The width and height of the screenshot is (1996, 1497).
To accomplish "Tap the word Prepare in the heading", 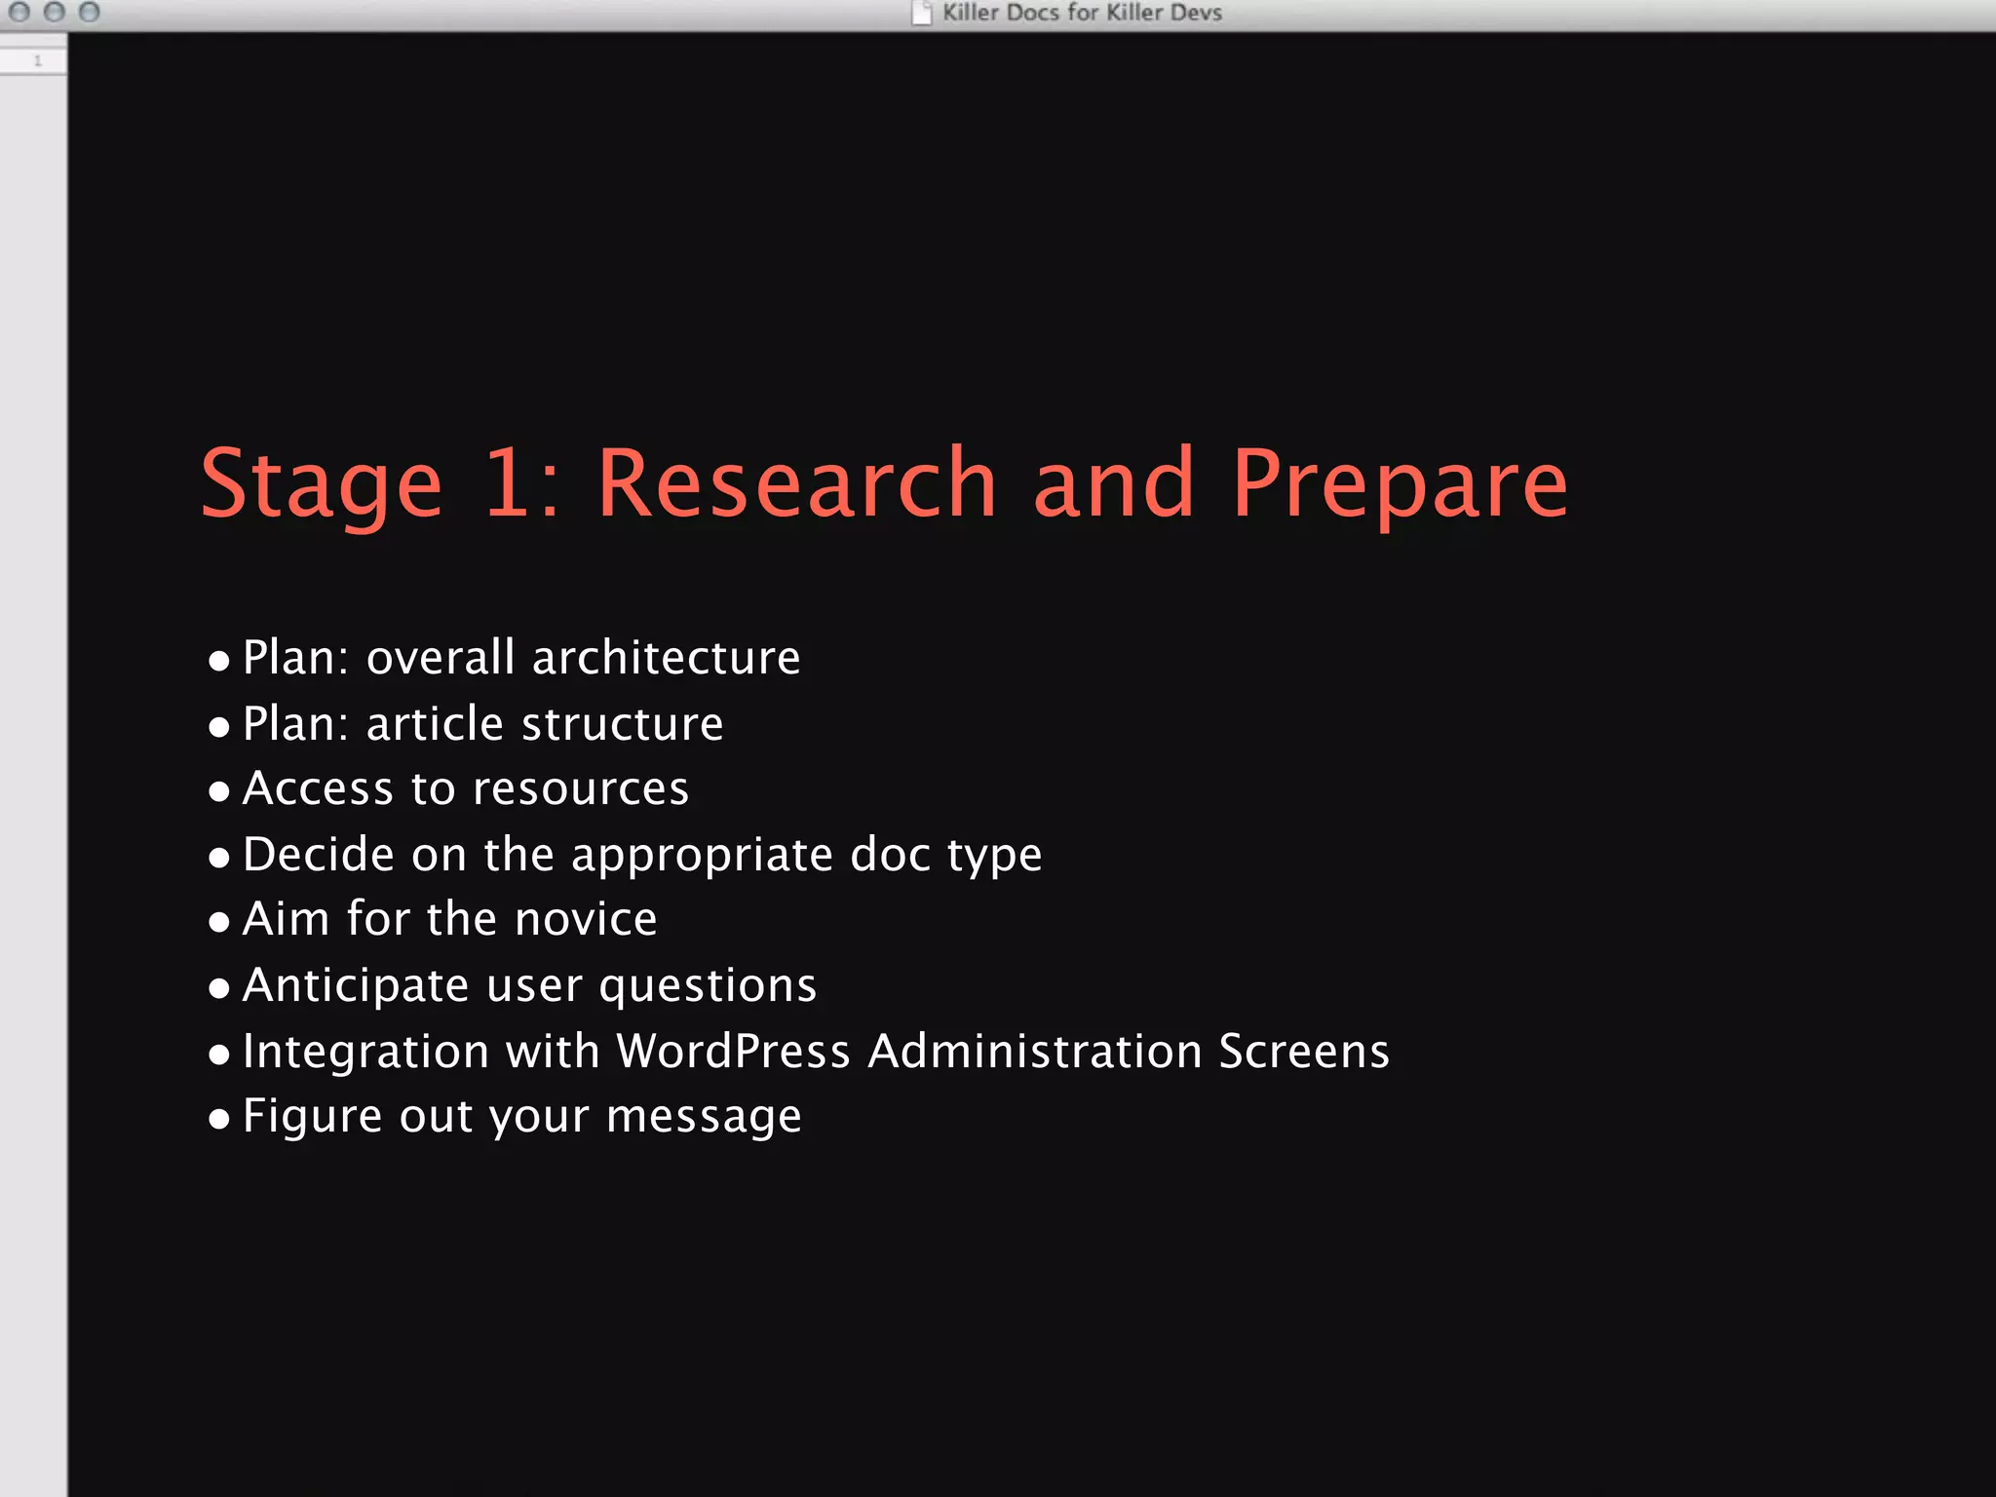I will tap(1400, 484).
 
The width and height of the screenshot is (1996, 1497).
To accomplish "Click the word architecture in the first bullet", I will tap(666, 658).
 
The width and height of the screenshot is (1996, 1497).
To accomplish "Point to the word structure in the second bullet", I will tap(623, 724).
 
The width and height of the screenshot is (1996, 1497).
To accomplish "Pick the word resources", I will tap(581, 788).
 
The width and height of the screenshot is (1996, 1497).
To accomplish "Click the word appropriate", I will tap(702, 856).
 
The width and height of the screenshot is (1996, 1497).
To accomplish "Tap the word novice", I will tap(586, 919).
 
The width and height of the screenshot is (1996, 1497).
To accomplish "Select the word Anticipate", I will tap(356, 985).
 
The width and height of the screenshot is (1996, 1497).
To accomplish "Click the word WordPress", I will tap(733, 1052).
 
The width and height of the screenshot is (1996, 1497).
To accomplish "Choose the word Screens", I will tap(1303, 1052).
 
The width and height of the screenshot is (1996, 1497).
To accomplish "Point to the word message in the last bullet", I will tap(704, 1117).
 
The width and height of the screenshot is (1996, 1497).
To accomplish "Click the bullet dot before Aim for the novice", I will tap(219, 922).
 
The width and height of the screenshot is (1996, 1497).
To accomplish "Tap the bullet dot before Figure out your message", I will tap(219, 1119).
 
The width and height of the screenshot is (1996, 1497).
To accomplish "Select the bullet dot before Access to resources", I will tap(219, 790).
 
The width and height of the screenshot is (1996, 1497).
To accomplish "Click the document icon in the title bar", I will tap(921, 13).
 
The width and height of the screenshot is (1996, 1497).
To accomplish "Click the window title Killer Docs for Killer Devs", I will tap(1082, 13).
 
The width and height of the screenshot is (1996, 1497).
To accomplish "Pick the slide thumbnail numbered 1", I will tap(33, 60).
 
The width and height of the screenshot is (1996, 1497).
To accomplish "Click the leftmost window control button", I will tap(19, 12).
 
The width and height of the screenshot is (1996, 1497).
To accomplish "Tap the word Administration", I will tap(1034, 1052).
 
